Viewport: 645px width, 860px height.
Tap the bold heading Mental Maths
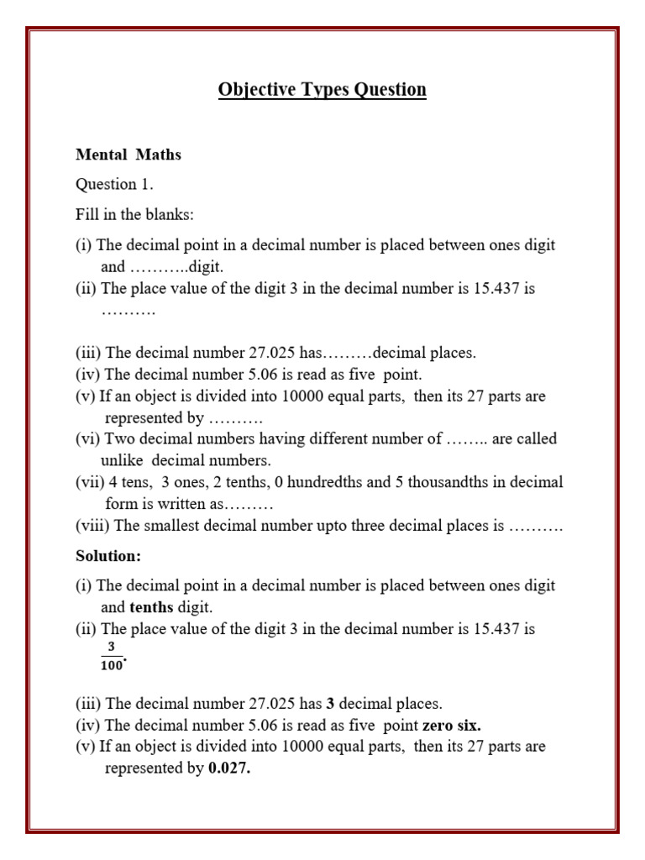pyautogui.click(x=128, y=155)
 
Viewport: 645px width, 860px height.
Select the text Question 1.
pyautogui.click(x=114, y=184)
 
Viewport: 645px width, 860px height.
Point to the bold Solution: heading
pyautogui.click(x=108, y=556)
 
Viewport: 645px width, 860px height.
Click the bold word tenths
pyautogui.click(x=151, y=607)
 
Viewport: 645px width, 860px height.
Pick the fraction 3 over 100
pyautogui.click(x=111, y=657)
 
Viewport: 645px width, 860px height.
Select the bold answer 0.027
pyautogui.click(x=229, y=768)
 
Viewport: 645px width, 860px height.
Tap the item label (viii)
pyautogui.click(x=92, y=527)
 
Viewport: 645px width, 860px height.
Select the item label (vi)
pyautogui.click(x=87, y=438)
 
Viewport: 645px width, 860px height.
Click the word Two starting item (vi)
pyautogui.click(x=120, y=438)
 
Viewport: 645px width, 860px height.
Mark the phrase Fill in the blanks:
pyautogui.click(x=134, y=214)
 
